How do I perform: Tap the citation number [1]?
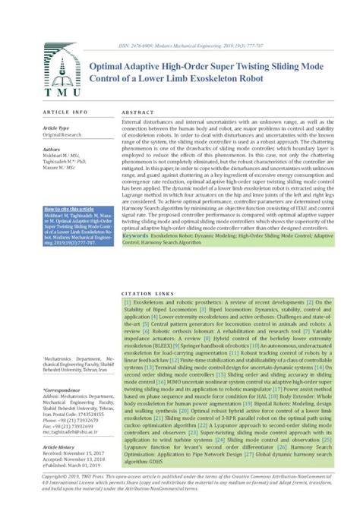pyautogui.click(x=127, y=302)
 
